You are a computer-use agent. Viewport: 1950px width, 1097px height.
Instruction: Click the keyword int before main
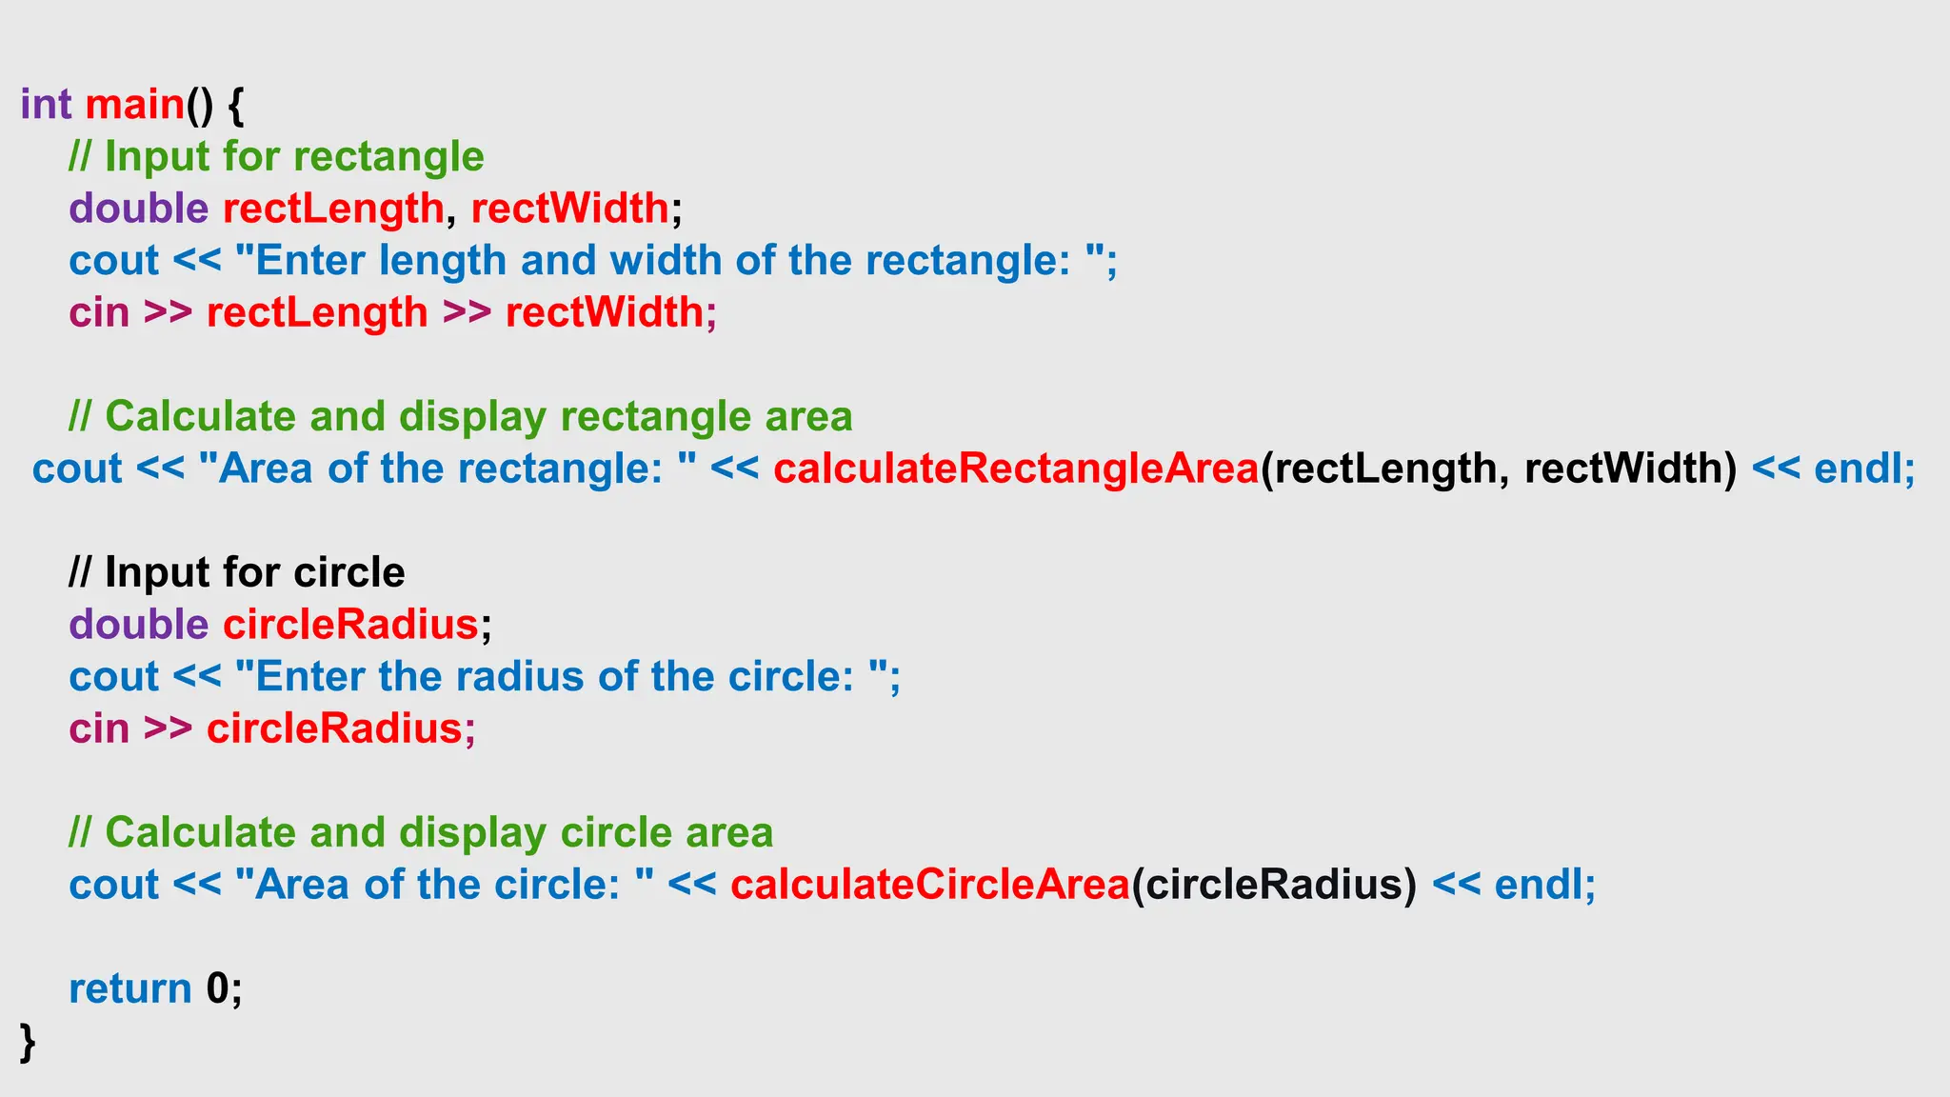pyautogui.click(x=46, y=104)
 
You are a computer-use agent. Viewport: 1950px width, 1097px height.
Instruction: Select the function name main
pyautogui.click(x=134, y=104)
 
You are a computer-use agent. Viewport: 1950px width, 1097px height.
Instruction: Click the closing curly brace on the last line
pyautogui.click(x=28, y=1042)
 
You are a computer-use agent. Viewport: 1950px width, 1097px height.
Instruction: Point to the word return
pyautogui.click(x=130, y=988)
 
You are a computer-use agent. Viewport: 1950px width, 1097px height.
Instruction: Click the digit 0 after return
pyautogui.click(x=218, y=988)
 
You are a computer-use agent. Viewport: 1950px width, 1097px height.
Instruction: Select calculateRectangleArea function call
pyautogui.click(x=1016, y=469)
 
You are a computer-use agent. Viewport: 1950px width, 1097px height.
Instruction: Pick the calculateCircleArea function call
pyautogui.click(x=930, y=885)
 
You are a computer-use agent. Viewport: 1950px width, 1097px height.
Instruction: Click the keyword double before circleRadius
pyautogui.click(x=138, y=625)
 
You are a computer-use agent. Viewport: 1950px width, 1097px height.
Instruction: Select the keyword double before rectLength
pyautogui.click(x=138, y=209)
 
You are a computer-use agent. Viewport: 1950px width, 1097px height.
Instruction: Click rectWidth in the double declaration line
pyautogui.click(x=569, y=209)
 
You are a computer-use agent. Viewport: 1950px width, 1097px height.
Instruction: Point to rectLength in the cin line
pyautogui.click(x=317, y=312)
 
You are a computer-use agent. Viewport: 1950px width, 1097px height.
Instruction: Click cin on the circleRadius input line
pyautogui.click(x=99, y=729)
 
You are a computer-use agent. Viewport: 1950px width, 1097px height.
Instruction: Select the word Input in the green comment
pyautogui.click(x=157, y=157)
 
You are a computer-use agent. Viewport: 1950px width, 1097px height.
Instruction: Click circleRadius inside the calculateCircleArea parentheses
pyautogui.click(x=1274, y=885)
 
